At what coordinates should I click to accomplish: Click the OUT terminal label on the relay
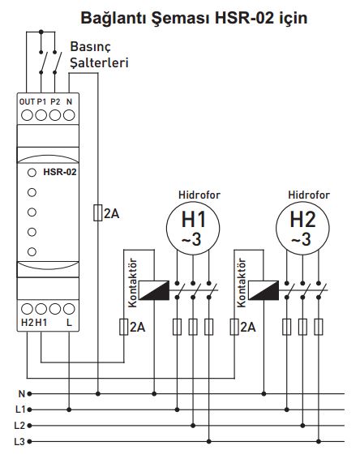pyautogui.click(x=27, y=102)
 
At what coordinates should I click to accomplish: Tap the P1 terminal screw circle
pyautogui.click(x=41, y=115)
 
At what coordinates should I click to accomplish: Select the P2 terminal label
pyautogui.click(x=55, y=102)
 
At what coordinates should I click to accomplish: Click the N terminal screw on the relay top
pyautogui.click(x=69, y=115)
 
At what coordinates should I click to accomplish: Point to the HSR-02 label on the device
pyautogui.click(x=60, y=172)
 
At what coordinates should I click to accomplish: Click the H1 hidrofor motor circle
pyautogui.click(x=193, y=228)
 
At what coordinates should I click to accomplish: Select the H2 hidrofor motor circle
pyautogui.click(x=302, y=228)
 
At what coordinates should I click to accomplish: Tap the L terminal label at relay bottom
pyautogui.click(x=69, y=323)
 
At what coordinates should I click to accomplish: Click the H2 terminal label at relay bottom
pyautogui.click(x=28, y=323)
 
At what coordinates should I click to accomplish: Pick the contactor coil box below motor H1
pyautogui.click(x=154, y=290)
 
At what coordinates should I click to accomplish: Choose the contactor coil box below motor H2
pyautogui.click(x=264, y=290)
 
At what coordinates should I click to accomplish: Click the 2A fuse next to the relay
pyautogui.click(x=98, y=212)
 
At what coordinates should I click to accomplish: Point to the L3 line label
pyautogui.click(x=19, y=442)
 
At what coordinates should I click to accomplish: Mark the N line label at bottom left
pyautogui.click(x=22, y=393)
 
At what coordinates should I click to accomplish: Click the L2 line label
pyautogui.click(x=19, y=426)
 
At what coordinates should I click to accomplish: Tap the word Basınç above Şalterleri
pyautogui.click(x=90, y=47)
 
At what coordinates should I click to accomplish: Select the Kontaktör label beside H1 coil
pyautogui.click(x=133, y=283)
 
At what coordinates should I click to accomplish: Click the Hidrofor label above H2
pyautogui.click(x=309, y=195)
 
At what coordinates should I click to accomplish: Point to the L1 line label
pyautogui.click(x=20, y=409)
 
